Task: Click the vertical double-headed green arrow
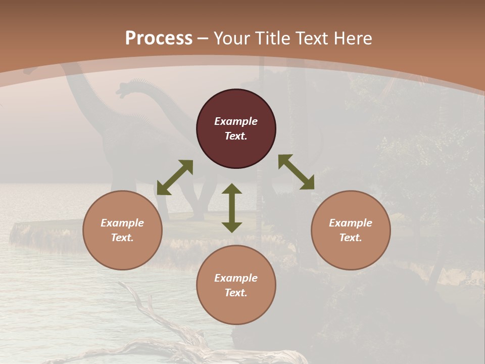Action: [232, 208]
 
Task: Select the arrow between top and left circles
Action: [175, 177]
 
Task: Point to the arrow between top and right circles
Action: [296, 172]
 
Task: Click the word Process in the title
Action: [159, 38]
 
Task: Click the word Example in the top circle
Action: [236, 121]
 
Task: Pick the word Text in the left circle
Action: [122, 238]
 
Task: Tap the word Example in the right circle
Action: [351, 223]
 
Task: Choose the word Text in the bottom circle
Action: [236, 293]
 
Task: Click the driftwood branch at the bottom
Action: [167, 334]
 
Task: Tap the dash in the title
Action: [203, 38]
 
